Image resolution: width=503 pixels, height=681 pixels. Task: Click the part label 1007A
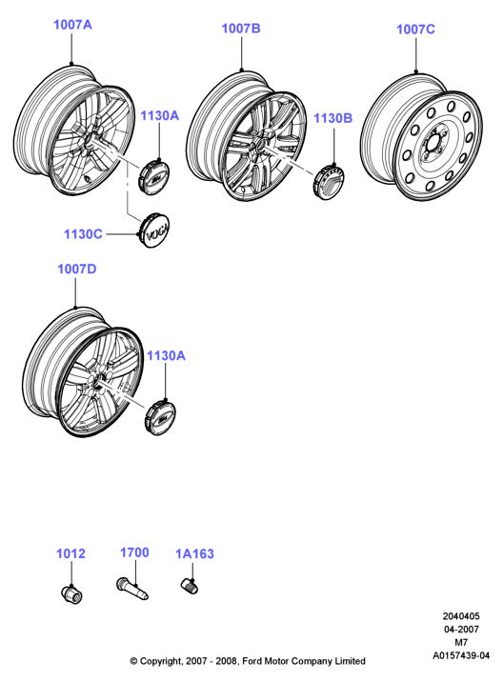[72, 25]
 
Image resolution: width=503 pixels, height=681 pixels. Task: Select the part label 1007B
[241, 29]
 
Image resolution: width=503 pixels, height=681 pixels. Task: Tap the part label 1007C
[415, 30]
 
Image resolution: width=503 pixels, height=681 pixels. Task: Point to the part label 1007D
[77, 270]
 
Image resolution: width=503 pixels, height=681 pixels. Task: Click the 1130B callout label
[333, 118]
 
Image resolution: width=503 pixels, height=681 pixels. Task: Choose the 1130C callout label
[83, 234]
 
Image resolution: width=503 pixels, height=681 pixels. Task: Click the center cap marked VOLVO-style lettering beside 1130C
[155, 230]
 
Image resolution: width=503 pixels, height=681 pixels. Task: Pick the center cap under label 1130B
[329, 181]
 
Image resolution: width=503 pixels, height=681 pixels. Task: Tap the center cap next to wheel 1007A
[153, 177]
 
